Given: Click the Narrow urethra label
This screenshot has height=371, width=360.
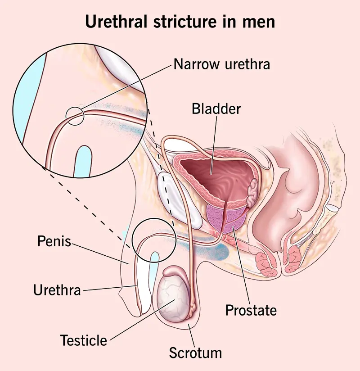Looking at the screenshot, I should pos(221,64).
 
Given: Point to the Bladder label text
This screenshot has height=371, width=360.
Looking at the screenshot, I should pos(216,109).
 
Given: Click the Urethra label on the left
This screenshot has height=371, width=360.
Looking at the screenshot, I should pos(57,290).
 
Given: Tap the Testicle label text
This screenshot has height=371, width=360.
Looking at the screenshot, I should pos(85,340).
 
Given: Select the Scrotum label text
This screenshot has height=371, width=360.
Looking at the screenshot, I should pos(195,353).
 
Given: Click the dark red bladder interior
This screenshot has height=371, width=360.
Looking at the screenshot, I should pos(216,176).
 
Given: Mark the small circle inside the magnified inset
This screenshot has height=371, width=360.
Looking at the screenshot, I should pos(75,116).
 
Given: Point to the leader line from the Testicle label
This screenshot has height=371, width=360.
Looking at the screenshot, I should pos(135,321).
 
